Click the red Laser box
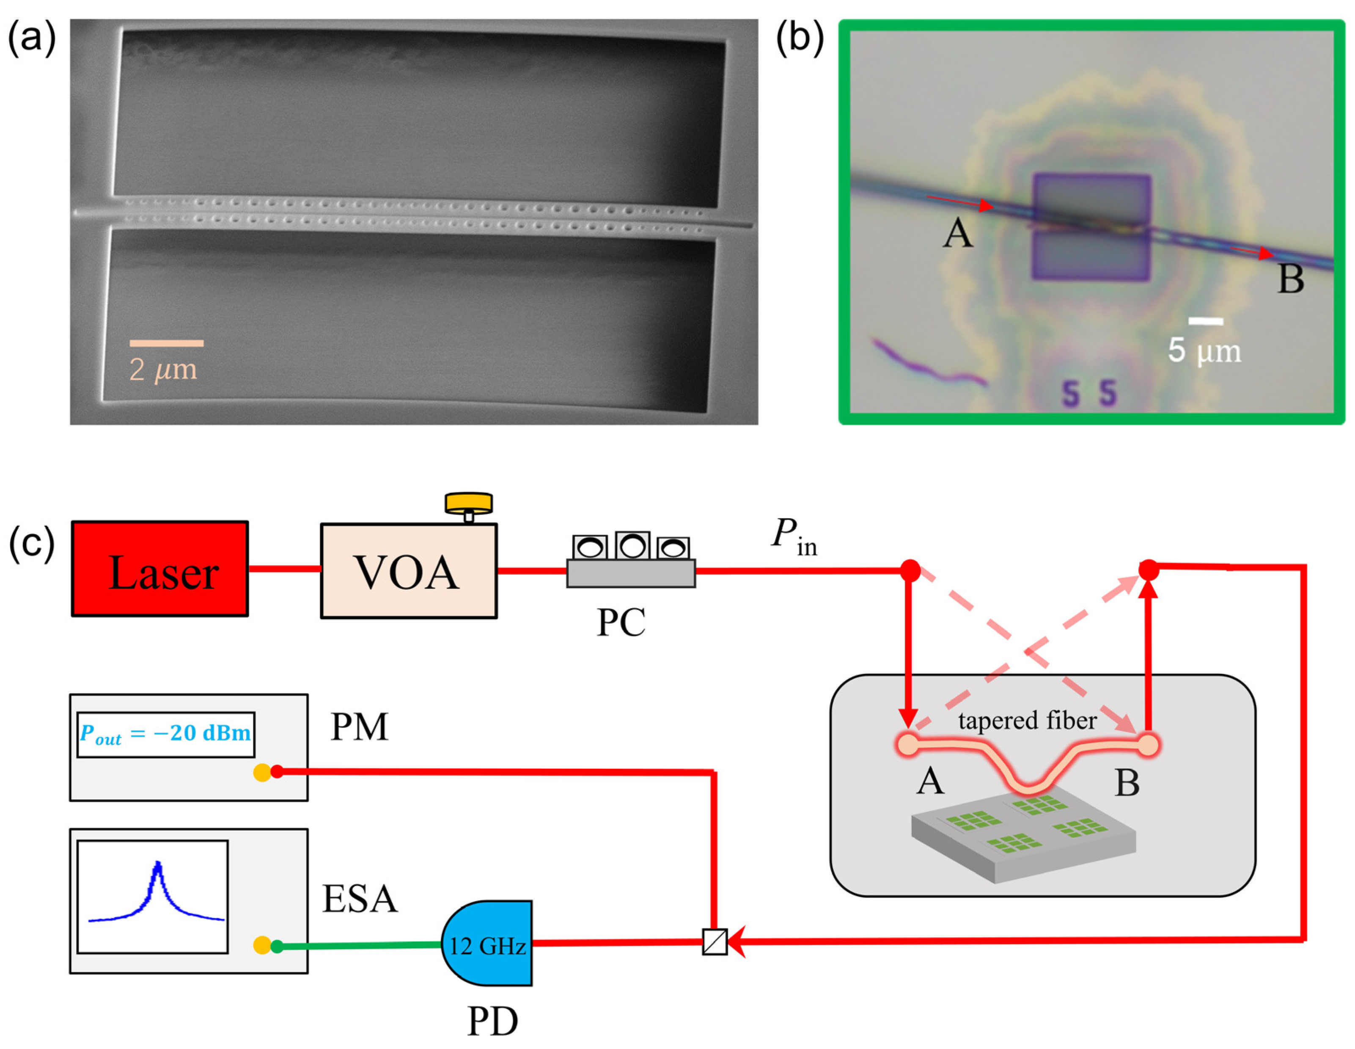[160, 569]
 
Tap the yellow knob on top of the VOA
[468, 503]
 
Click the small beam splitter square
[715, 941]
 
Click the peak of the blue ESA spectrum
[158, 864]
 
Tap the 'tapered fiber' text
[1027, 720]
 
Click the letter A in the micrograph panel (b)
[957, 235]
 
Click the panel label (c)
[31, 543]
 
